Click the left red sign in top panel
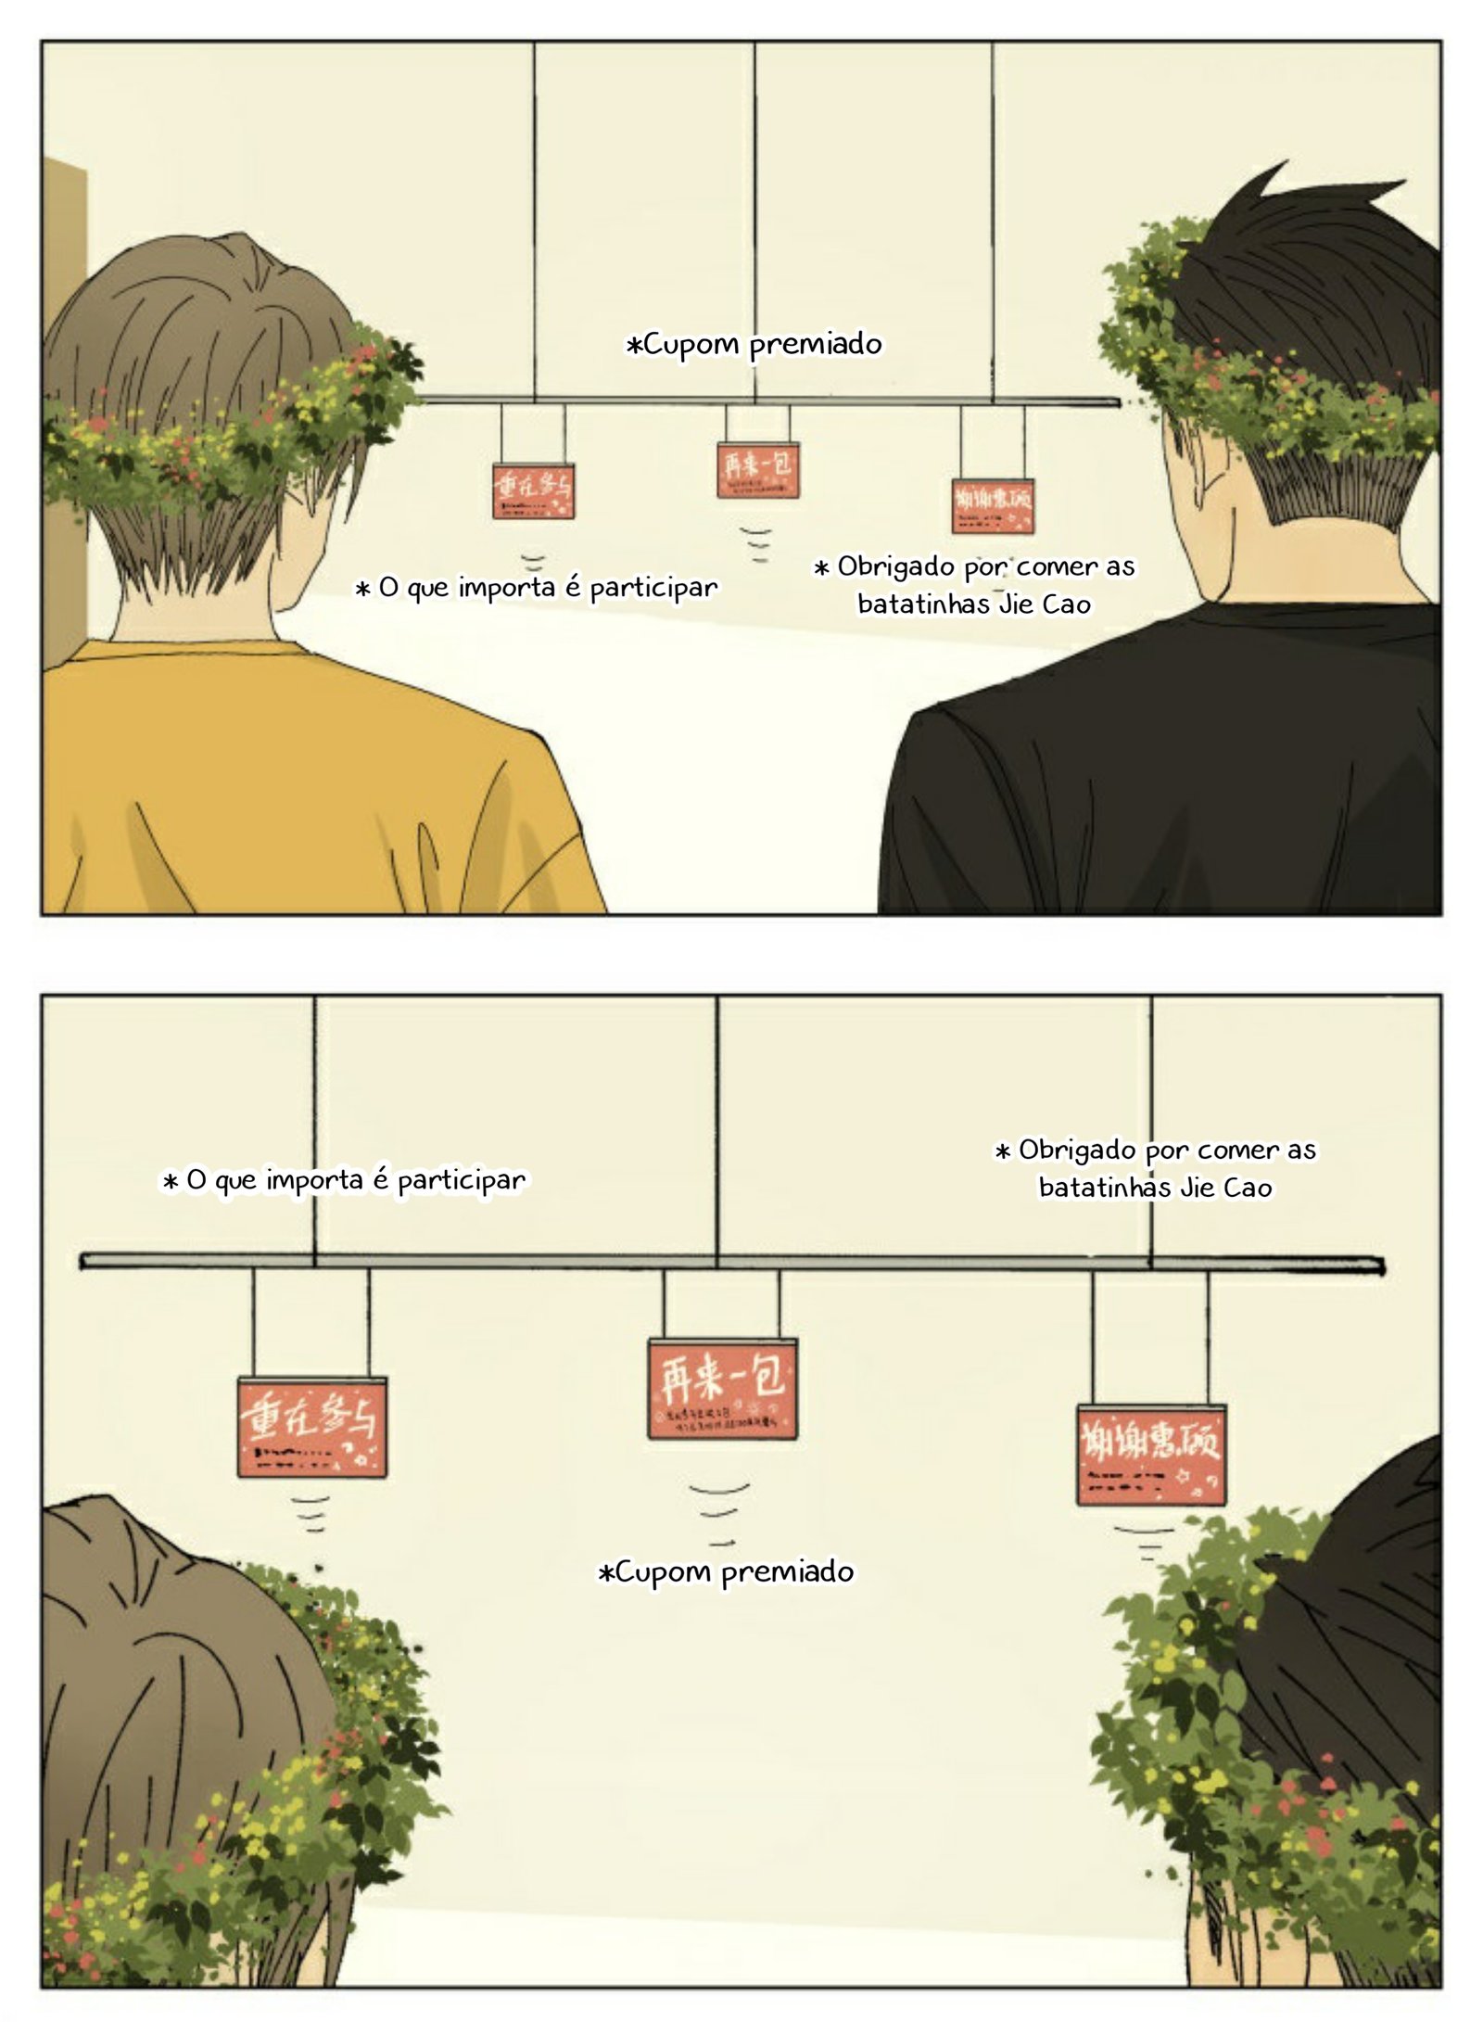533,490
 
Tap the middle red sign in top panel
757,469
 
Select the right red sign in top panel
992,505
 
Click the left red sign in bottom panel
311,1426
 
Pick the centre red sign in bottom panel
722,1388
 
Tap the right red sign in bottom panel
1150,1454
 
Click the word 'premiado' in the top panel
816,345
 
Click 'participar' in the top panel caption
653,588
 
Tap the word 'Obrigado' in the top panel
895,566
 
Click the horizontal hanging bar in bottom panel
732,1261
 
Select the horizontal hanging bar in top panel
769,401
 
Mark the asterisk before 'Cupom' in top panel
634,347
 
